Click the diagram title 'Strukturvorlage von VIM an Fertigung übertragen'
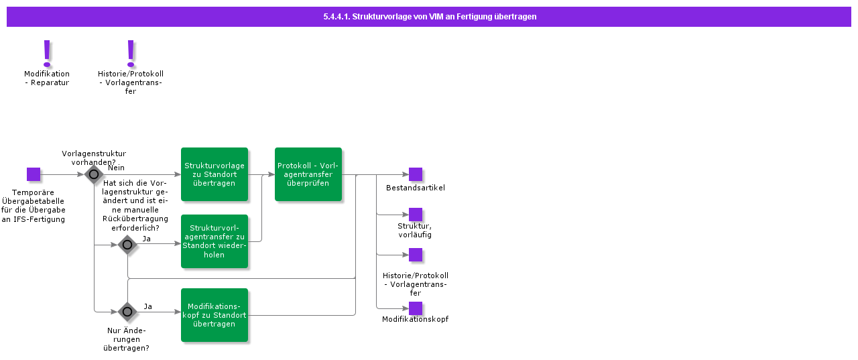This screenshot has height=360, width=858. pos(429,17)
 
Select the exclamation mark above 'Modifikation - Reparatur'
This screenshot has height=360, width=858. pos(47,53)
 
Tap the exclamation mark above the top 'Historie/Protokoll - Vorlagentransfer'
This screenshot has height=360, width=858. pos(131,53)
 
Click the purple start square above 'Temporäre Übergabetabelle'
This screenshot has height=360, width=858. pos(34,174)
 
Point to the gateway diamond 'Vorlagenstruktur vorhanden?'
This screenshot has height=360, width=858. pos(94,175)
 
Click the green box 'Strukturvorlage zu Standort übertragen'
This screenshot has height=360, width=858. pos(214,174)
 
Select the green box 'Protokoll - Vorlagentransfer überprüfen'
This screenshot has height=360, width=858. pos(308,174)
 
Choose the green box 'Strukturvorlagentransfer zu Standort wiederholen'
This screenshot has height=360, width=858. pos(214,241)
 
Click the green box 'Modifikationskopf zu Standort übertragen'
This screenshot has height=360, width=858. pos(214,315)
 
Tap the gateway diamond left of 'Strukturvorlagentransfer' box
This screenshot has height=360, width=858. pos(127,245)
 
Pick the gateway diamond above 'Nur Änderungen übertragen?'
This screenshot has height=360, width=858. pos(127,312)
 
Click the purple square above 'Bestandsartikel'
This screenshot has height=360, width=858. pos(416,174)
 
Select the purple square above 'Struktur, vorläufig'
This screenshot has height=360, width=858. pos(416,215)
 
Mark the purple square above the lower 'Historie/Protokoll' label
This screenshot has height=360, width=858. pos(416,255)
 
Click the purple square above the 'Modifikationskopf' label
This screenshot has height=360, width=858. pos(416,308)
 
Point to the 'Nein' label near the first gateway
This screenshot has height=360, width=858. pos(116,168)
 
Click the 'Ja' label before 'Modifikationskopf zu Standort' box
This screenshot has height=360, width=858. pos(147,306)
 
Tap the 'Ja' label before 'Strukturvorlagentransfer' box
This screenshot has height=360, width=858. pos(146,238)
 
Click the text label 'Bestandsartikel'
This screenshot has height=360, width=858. pos(416,188)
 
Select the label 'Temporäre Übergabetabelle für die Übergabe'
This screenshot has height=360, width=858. pos(34,206)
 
